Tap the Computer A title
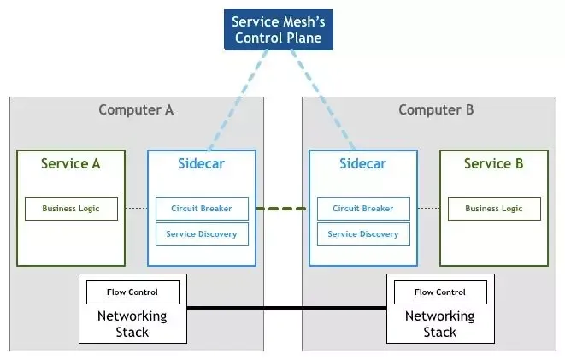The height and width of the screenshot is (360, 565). pos(136,109)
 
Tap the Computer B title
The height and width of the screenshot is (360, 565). pos(436,109)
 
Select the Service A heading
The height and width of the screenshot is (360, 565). pos(71,163)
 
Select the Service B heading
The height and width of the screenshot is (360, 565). pos(494,163)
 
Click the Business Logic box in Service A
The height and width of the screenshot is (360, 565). pos(71,209)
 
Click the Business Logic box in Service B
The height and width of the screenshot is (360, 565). pos(494,209)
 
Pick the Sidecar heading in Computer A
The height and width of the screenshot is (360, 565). pos(202,163)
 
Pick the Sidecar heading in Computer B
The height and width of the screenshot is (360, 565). pos(363,163)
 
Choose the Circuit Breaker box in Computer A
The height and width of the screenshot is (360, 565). pos(202,209)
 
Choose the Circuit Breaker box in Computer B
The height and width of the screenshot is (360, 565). pos(363,209)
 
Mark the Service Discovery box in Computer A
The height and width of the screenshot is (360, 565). pos(202,234)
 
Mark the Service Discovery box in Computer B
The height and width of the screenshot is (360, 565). pos(363,234)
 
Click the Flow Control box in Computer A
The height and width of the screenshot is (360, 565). pos(132,292)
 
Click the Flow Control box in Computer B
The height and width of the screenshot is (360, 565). pos(440,292)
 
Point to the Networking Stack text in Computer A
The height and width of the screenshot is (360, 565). pos(132,323)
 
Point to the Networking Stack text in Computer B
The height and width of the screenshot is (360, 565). pos(440,323)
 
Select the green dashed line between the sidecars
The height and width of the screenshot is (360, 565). pos(282,209)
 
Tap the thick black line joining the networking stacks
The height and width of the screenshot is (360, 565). pos(286,308)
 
